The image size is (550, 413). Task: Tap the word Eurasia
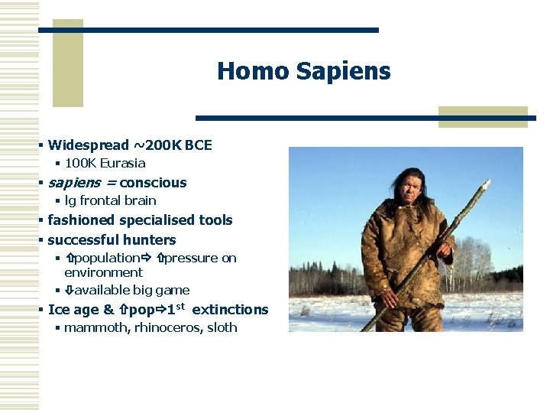(123, 163)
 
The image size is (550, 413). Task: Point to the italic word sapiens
(73, 183)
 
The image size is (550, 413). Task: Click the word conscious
(153, 183)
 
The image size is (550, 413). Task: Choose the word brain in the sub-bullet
(139, 200)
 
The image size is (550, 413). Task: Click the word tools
(215, 220)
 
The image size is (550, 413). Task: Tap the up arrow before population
(69, 259)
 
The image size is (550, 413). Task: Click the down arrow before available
(69, 291)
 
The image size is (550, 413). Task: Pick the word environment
(103, 272)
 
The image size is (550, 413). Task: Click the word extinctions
(230, 310)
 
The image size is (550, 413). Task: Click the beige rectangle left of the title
(67, 63)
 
